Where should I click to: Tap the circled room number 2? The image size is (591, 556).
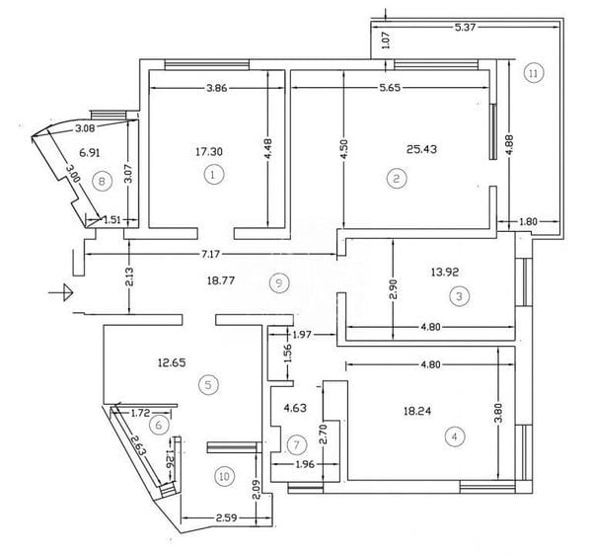point(396,178)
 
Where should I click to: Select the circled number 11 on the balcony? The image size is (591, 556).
point(533,72)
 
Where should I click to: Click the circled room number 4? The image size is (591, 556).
point(454,435)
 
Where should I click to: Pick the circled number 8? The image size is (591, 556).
point(99,180)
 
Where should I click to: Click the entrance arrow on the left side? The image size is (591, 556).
point(63,291)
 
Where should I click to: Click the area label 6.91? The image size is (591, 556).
point(90,153)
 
